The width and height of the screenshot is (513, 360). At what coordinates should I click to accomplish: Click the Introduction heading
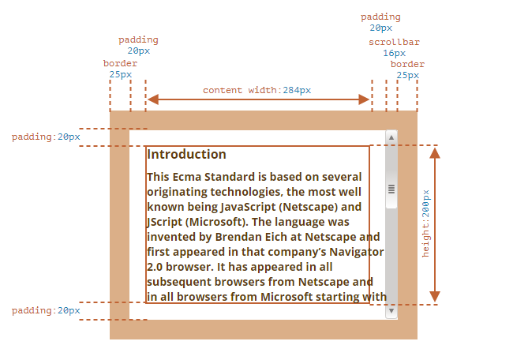(x=186, y=155)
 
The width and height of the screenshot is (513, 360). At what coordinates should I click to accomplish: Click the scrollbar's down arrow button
(x=391, y=312)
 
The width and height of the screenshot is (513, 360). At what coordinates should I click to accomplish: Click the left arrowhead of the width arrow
(x=153, y=99)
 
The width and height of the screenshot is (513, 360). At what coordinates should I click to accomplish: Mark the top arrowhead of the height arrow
(x=434, y=152)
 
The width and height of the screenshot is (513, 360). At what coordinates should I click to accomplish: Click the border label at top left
(x=120, y=63)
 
